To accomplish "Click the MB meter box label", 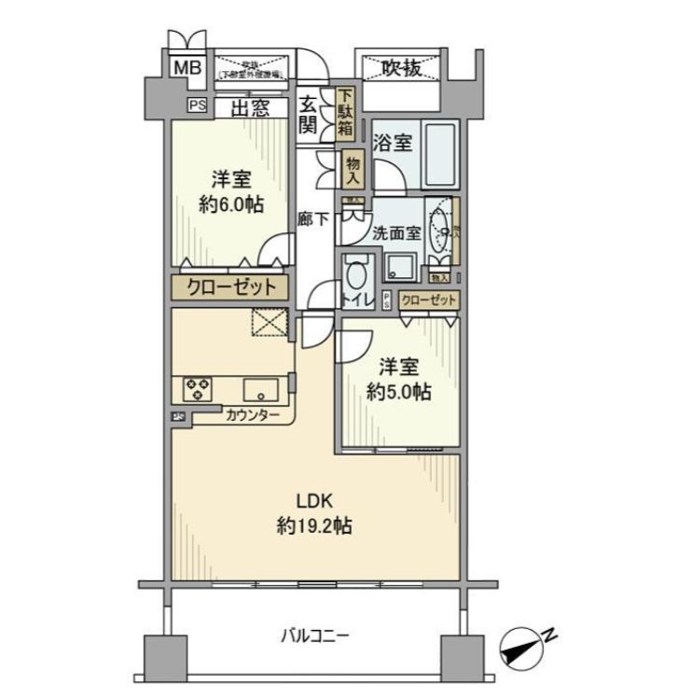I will click(x=189, y=67).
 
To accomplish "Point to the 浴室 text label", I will click(x=393, y=144).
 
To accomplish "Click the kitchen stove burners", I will click(x=198, y=387).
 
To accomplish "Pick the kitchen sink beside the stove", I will click(x=260, y=388).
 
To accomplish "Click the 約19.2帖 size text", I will click(x=313, y=525).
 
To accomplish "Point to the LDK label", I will click(x=313, y=497).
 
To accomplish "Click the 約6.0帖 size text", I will click(x=229, y=205).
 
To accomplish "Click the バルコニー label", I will click(x=315, y=637).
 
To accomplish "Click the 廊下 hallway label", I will click(x=312, y=220).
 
